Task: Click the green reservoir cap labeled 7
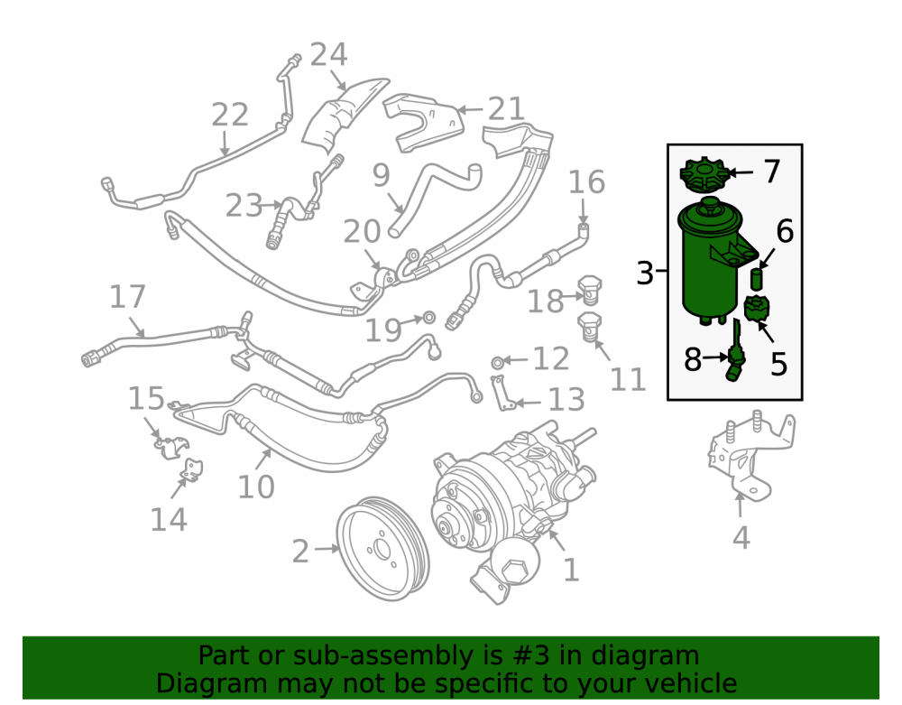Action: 704,174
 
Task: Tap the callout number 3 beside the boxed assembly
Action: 645,273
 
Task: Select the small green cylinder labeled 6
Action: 757,279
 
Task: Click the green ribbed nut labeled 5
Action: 757,308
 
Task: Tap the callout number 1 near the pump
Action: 570,570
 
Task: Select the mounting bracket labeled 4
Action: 750,455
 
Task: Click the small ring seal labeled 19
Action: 429,317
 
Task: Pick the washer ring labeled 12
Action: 498,362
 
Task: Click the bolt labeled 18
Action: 589,290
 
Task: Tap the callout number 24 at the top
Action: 328,55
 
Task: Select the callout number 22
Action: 229,114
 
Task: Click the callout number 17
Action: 127,297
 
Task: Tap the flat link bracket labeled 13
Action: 502,393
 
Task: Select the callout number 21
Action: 506,108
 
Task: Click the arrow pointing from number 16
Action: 583,211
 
